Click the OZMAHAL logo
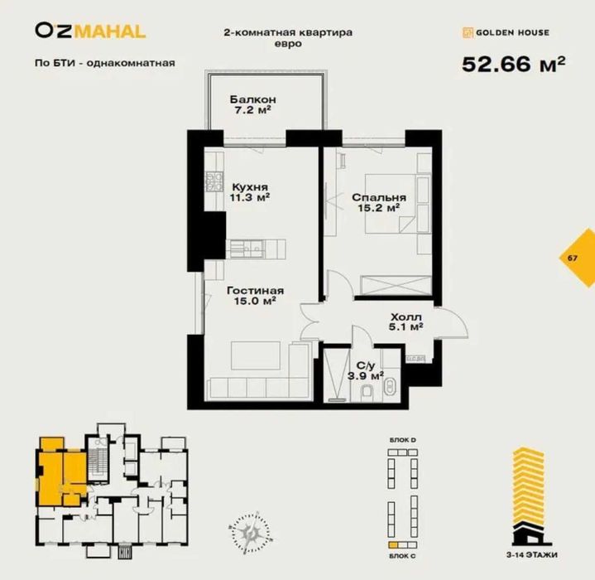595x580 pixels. click(x=90, y=31)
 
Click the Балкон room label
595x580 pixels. click(x=252, y=104)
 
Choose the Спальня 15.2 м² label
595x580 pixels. click(x=378, y=203)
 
